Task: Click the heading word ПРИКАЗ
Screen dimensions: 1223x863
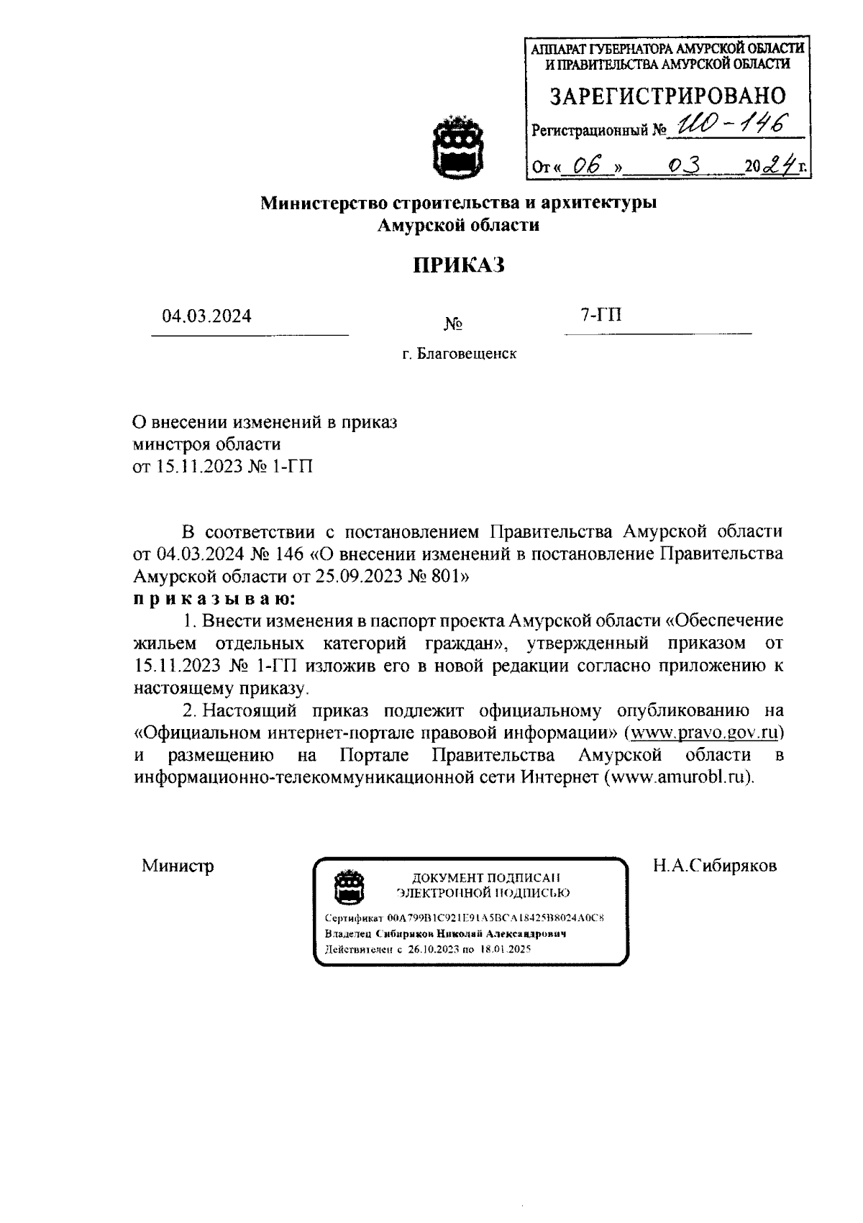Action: pyautogui.click(x=459, y=265)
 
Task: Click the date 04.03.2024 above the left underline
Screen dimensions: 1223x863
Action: pyautogui.click(x=206, y=316)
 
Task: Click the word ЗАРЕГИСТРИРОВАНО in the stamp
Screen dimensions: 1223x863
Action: pyautogui.click(x=667, y=95)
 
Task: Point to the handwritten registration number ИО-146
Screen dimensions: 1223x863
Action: pyautogui.click(x=723, y=126)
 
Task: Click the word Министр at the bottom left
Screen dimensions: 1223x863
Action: pyautogui.click(x=178, y=866)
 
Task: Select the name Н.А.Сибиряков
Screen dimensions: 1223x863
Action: pyautogui.click(x=714, y=866)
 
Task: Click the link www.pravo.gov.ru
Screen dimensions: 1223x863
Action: pyautogui.click(x=704, y=733)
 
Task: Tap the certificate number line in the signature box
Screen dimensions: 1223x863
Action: pyautogui.click(x=464, y=918)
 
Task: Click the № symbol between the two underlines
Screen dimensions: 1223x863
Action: pyautogui.click(x=453, y=325)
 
